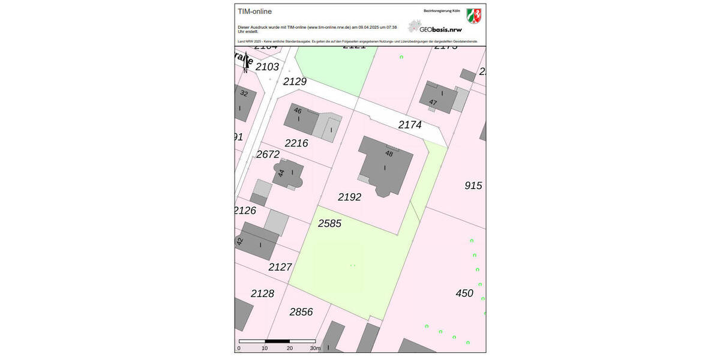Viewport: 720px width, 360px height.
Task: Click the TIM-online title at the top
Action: point(254,11)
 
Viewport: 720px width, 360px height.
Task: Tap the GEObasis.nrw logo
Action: point(435,28)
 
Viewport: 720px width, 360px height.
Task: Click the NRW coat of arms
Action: point(474,15)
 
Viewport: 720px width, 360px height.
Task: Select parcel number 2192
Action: point(349,197)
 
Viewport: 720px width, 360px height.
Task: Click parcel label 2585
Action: point(329,223)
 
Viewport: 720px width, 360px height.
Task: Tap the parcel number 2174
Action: point(410,125)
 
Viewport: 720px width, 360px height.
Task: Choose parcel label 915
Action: point(473,185)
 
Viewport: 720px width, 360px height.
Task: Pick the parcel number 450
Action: point(464,293)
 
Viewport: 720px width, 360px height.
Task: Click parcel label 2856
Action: point(301,312)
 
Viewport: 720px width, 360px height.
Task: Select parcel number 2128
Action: point(262,293)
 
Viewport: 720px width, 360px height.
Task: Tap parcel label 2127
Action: point(280,267)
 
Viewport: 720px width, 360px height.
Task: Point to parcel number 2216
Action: point(296,143)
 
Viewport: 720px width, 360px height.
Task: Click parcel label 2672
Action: point(268,154)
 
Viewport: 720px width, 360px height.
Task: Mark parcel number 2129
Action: point(295,81)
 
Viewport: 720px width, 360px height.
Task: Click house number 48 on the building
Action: point(389,154)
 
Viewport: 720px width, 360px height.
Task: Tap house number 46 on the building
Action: point(298,110)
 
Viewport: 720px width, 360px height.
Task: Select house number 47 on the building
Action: point(433,103)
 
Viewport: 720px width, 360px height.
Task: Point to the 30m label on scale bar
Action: point(316,348)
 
